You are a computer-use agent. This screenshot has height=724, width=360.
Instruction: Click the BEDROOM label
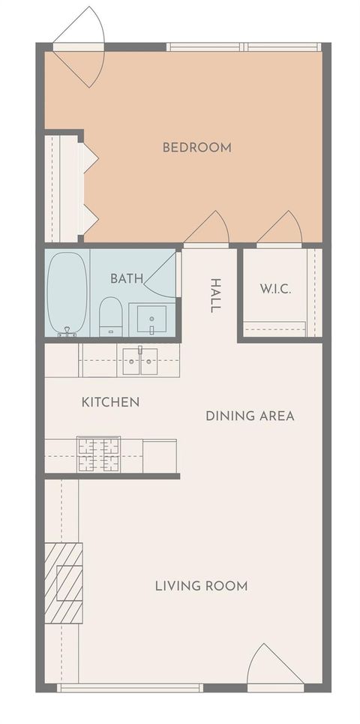tap(196, 147)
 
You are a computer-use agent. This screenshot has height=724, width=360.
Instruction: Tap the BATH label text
tap(127, 278)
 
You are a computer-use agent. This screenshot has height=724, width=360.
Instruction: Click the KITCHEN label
tap(110, 402)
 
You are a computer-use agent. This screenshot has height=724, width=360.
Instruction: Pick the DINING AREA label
tap(250, 416)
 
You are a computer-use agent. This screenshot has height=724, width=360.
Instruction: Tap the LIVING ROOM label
tap(201, 586)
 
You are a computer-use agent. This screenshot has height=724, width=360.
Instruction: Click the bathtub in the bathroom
tap(67, 293)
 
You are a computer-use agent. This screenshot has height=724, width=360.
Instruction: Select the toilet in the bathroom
tap(110, 316)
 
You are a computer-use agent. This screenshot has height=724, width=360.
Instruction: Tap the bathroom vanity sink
tap(151, 320)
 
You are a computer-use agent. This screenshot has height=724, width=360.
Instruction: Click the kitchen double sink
tap(139, 360)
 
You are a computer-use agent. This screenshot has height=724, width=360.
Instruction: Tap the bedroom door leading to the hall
tap(208, 230)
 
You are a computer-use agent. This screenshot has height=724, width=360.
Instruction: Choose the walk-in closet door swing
tap(281, 230)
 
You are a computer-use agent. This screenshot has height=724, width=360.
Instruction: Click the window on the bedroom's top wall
tap(244, 47)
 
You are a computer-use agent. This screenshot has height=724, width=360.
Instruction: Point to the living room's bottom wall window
tap(130, 687)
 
